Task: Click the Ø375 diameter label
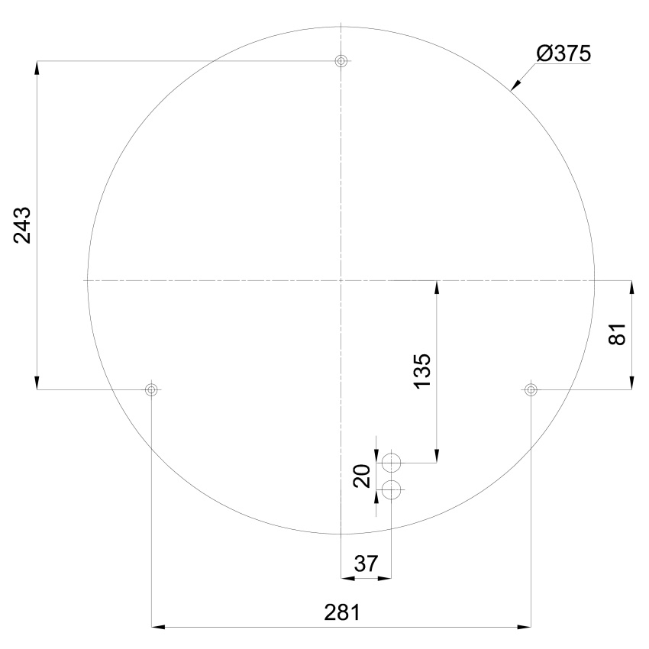click(x=563, y=53)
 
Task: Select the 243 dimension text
click(x=22, y=225)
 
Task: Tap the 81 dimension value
click(x=618, y=334)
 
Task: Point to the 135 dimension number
click(x=422, y=371)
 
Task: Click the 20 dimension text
click(x=362, y=476)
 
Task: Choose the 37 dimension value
click(x=366, y=563)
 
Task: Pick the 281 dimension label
click(x=342, y=612)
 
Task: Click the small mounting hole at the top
click(x=341, y=61)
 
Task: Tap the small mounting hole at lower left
click(x=151, y=389)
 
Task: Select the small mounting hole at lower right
click(x=531, y=389)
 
